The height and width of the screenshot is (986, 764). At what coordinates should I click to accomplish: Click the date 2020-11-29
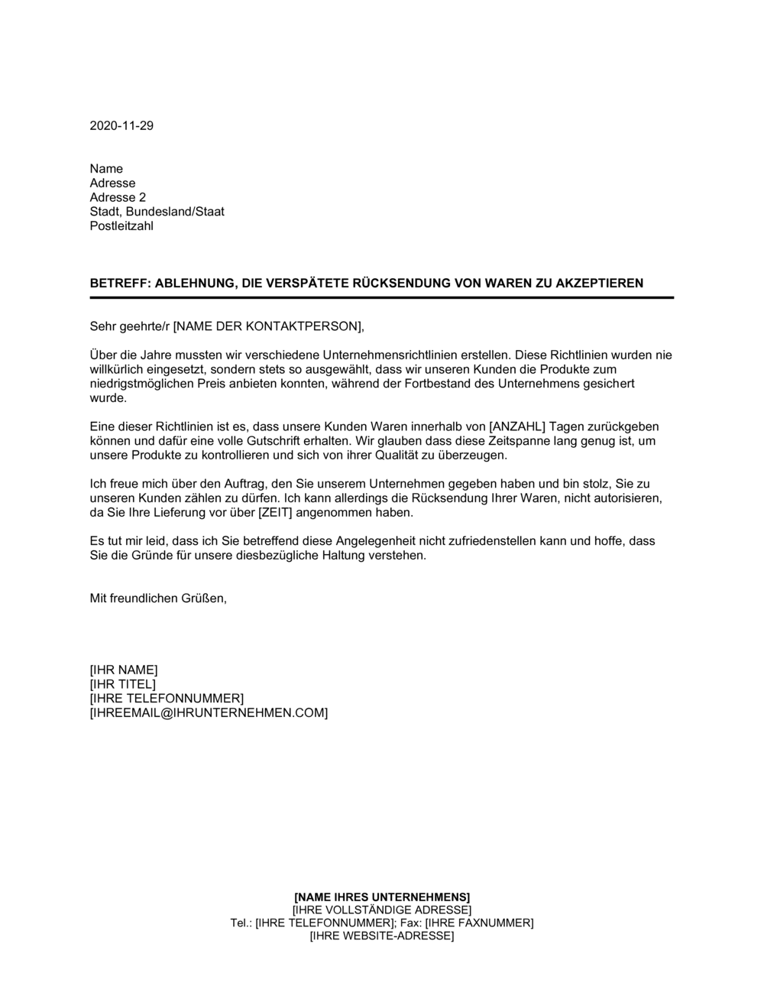click(121, 126)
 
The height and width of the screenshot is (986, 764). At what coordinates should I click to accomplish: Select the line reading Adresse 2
click(118, 197)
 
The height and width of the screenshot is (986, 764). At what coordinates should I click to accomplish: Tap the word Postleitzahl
click(121, 226)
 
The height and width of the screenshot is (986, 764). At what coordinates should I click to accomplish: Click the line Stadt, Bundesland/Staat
click(157, 212)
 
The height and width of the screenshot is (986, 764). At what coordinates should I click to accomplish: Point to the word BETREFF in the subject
click(118, 284)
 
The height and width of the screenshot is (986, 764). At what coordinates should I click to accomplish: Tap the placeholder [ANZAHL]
click(513, 427)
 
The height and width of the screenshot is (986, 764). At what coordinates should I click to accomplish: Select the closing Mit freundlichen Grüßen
click(158, 598)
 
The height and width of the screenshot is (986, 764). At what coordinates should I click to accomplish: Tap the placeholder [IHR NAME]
click(124, 670)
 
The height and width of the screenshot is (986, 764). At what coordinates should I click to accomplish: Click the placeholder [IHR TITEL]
click(122, 684)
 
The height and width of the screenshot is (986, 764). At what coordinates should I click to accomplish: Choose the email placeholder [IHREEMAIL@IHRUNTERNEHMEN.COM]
click(209, 713)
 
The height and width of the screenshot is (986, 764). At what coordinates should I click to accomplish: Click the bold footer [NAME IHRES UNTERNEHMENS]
click(382, 897)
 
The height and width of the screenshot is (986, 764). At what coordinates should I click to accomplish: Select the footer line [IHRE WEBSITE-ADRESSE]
click(382, 936)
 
